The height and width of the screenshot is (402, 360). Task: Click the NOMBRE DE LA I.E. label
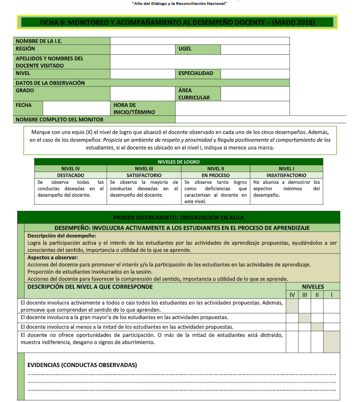click(39, 41)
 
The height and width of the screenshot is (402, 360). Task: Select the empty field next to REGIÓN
click(142, 49)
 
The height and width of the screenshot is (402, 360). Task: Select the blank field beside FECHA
click(76, 108)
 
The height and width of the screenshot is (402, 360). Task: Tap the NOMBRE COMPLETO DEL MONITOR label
click(60, 120)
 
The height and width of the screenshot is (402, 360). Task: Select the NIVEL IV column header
click(70, 169)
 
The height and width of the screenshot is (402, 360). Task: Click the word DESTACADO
click(70, 176)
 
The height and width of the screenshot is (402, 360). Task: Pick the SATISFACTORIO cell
click(144, 176)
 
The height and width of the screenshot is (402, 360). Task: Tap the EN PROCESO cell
click(216, 176)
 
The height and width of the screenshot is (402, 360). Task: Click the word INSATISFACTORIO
click(286, 176)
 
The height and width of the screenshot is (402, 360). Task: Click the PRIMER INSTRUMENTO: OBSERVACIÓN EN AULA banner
click(178, 217)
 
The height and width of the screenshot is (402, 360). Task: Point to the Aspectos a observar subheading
click(52, 258)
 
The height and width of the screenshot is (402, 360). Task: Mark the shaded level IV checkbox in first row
click(292, 306)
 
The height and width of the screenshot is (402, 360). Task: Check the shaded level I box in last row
click(331, 341)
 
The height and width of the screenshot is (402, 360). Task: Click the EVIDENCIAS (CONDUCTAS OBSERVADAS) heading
click(82, 365)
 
